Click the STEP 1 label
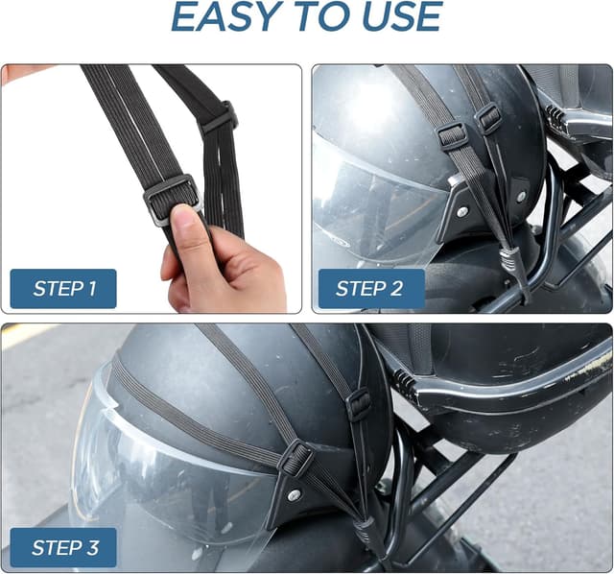(64, 289)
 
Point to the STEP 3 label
(64, 547)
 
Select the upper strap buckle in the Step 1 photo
(222, 117)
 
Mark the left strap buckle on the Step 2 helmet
(452, 134)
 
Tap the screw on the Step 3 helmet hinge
(295, 494)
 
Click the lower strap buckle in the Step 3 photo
(295, 458)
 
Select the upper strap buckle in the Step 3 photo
(359, 403)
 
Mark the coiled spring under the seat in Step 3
(402, 380)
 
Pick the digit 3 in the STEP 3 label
(92, 547)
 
